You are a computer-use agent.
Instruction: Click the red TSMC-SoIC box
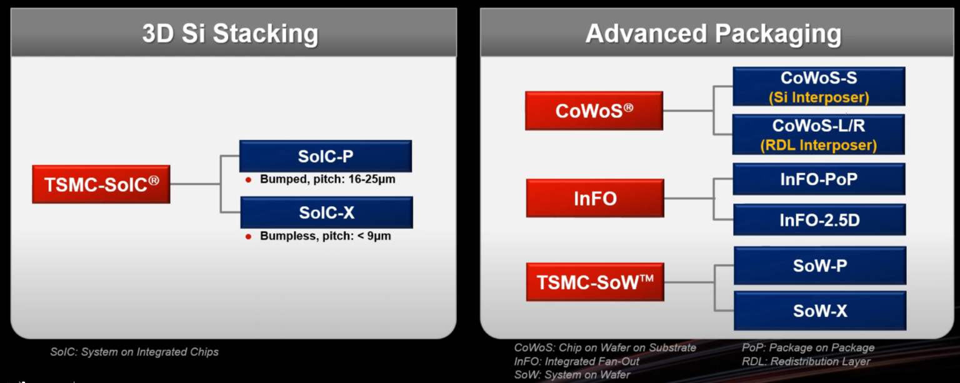point(101,184)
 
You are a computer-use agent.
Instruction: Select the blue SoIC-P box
point(326,156)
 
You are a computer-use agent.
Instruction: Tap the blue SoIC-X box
point(327,212)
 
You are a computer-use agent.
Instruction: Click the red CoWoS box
point(594,111)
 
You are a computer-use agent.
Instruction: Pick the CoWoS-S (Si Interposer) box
point(819,86)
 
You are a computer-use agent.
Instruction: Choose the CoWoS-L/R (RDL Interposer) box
point(819,134)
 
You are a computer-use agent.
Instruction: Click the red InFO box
point(595,198)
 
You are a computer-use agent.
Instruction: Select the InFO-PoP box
point(819,179)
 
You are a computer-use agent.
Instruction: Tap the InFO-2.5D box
point(819,220)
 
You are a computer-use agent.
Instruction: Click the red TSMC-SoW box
point(595,282)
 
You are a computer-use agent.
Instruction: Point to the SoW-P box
point(820,266)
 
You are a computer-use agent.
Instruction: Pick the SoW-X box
point(820,311)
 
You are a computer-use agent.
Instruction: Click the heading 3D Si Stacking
point(231,33)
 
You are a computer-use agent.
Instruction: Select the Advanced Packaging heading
point(714,33)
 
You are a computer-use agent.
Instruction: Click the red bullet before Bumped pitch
point(248,180)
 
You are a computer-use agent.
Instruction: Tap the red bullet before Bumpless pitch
point(248,236)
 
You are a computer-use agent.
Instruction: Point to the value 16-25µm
point(372,179)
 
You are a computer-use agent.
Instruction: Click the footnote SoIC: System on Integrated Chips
point(134,352)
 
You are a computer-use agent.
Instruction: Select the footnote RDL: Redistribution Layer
point(806,361)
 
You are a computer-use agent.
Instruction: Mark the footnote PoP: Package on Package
point(808,348)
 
